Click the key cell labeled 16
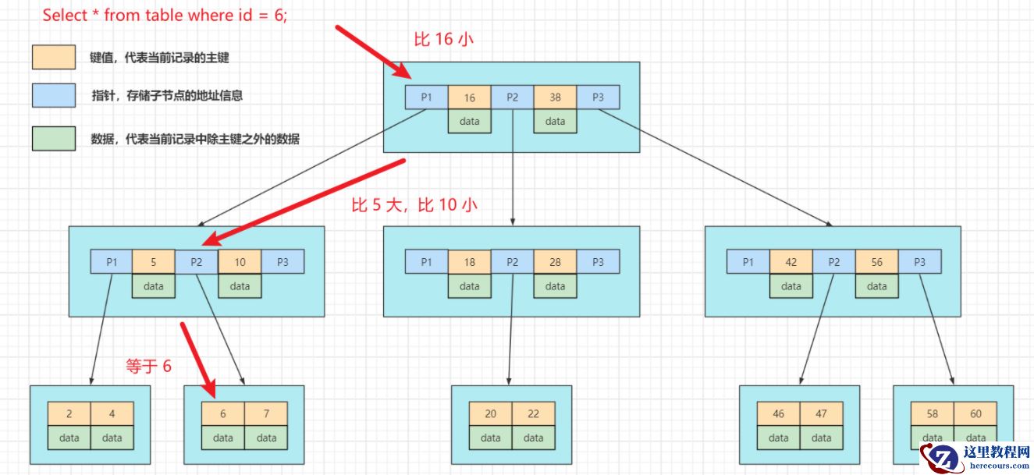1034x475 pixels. pos(469,97)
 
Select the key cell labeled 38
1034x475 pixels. pos(555,97)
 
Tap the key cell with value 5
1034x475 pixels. pos(154,262)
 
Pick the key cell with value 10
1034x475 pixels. pos(240,262)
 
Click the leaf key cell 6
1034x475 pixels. pos(222,414)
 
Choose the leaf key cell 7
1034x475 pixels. pos(265,414)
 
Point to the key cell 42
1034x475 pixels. pos(791,262)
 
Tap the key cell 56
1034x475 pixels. pos(876,262)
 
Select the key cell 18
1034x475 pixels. pos(469,262)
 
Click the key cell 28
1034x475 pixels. pos(555,262)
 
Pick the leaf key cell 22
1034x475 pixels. pos(533,414)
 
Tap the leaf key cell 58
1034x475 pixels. pos(933,414)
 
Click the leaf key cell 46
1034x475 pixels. pos(778,414)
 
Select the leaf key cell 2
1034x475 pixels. pos(69,414)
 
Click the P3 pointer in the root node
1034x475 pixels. pos(598,97)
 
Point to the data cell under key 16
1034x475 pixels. pos(469,121)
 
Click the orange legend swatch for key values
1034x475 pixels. pos(54,57)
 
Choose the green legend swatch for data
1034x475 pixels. pos(54,139)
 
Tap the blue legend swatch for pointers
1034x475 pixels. pos(54,95)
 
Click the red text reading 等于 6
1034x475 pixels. pos(148,366)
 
